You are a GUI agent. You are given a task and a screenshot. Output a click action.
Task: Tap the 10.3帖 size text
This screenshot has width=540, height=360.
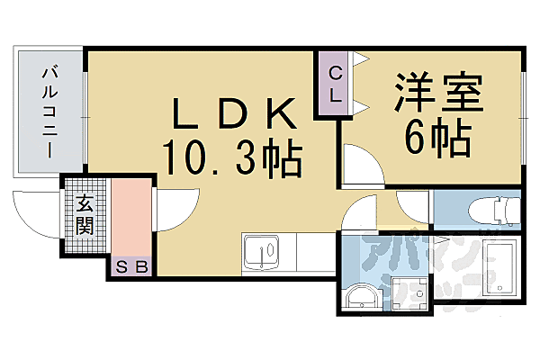[x=232, y=159]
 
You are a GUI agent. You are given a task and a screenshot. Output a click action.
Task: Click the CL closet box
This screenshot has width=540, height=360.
[x=335, y=84]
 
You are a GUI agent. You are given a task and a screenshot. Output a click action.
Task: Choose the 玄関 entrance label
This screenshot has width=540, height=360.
[x=84, y=216]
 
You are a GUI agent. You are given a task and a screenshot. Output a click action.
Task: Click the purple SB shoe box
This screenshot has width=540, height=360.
[x=133, y=266]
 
